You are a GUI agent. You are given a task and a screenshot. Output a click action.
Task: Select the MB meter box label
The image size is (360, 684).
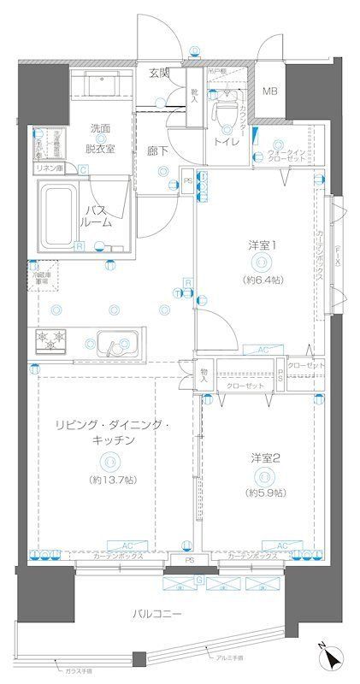click(x=269, y=91)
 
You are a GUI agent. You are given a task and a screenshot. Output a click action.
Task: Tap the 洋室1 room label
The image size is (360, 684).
click(x=263, y=245)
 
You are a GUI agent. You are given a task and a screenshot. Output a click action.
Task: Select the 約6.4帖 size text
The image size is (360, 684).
click(x=263, y=279)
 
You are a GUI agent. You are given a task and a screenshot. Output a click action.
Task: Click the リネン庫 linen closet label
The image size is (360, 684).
click(x=47, y=168)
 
